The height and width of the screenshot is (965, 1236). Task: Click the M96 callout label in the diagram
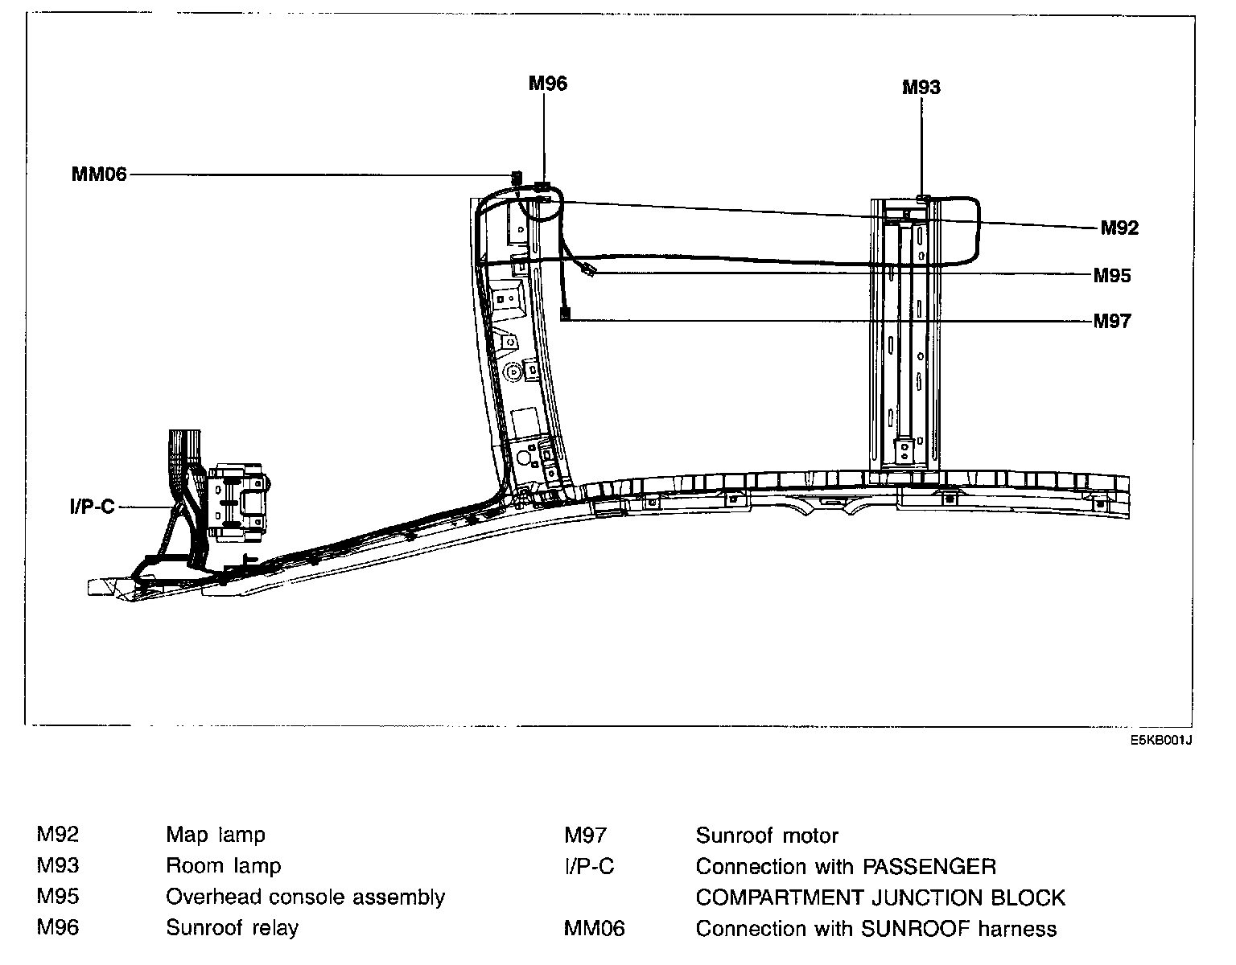click(548, 83)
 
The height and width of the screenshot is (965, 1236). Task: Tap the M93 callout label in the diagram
click(921, 87)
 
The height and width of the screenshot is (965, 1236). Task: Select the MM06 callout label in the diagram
click(100, 174)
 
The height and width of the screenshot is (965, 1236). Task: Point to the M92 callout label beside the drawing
click(1119, 228)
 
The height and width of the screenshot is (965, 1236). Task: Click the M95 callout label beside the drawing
click(1112, 276)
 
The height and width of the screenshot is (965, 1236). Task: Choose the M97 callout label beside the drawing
click(1112, 322)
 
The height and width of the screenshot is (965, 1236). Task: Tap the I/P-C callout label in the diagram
click(93, 507)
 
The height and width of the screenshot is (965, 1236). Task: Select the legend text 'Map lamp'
click(215, 835)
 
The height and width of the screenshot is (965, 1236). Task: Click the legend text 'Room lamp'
click(224, 866)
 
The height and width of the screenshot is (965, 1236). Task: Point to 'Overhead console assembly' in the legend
click(305, 897)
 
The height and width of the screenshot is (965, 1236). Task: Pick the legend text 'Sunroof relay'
click(232, 928)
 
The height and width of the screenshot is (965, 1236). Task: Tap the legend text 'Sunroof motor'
click(767, 836)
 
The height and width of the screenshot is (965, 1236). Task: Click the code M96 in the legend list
click(58, 928)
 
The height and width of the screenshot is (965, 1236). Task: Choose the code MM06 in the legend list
click(594, 929)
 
